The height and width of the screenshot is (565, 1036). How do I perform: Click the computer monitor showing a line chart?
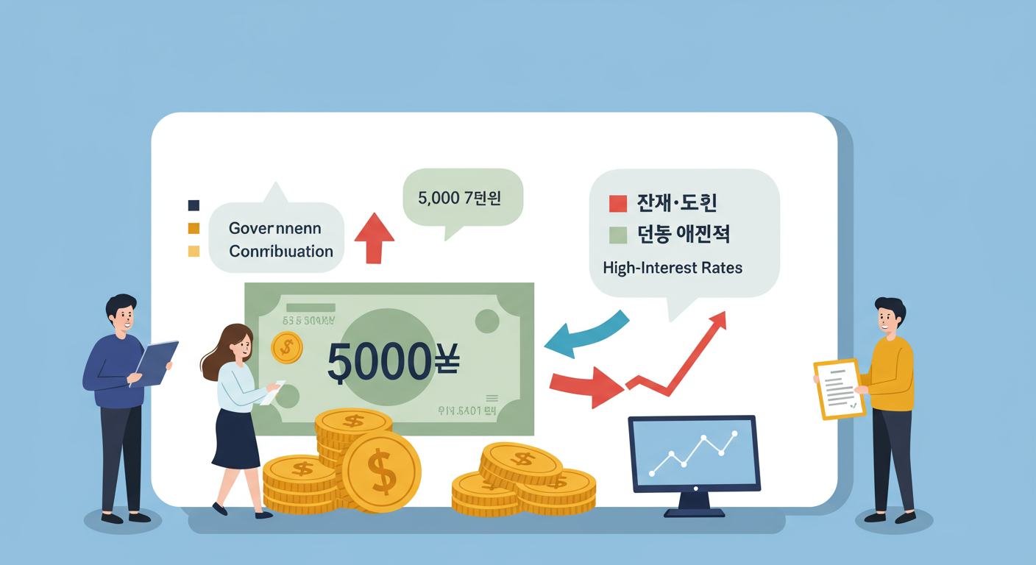point(693,453)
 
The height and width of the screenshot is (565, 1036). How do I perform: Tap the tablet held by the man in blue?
point(155,363)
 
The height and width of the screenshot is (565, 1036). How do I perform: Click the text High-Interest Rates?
point(673,268)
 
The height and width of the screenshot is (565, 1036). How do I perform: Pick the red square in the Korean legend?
point(618,203)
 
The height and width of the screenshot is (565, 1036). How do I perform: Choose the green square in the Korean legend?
point(618,235)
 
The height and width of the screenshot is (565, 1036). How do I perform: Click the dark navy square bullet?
point(194,205)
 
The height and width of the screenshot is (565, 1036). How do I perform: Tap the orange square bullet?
point(194,228)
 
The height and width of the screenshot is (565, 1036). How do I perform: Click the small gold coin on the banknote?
point(286,347)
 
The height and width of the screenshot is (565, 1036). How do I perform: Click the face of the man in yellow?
point(890,318)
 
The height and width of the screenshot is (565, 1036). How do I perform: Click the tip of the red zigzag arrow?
point(719,318)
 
